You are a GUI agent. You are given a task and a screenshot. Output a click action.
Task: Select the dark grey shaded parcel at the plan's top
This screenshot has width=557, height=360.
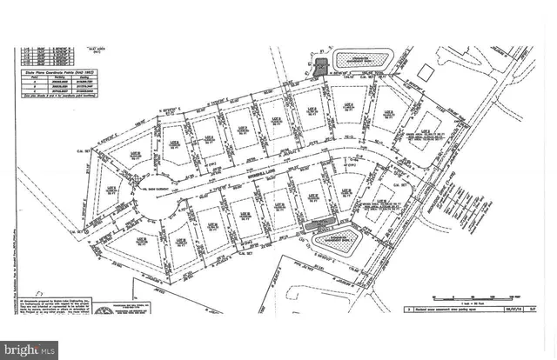tap(320, 67)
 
